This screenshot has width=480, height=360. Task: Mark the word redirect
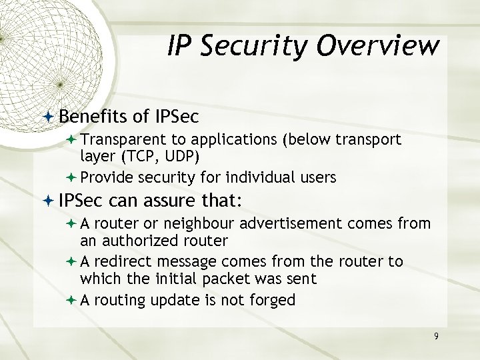point(123,261)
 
